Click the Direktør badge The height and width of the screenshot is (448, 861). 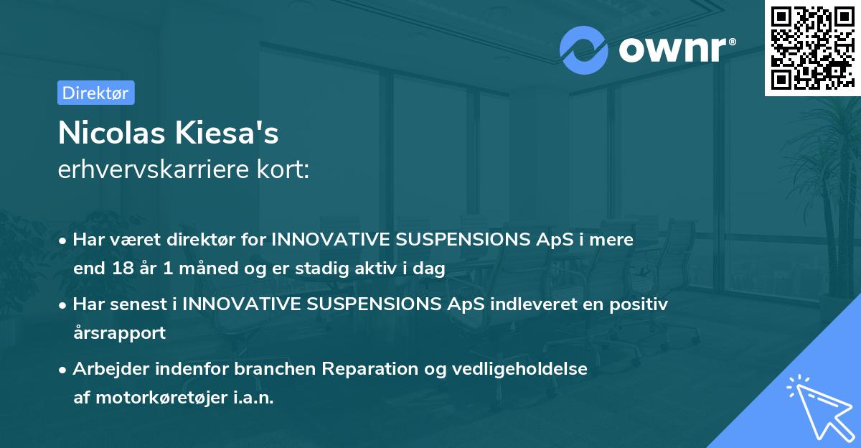[x=95, y=93]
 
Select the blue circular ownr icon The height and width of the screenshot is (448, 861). [x=585, y=49]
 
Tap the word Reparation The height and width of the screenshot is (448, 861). [x=364, y=369]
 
